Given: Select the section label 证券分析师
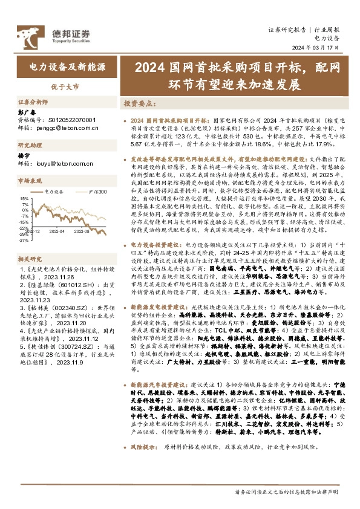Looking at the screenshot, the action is (33, 102).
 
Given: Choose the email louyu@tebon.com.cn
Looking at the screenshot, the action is (64, 163).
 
